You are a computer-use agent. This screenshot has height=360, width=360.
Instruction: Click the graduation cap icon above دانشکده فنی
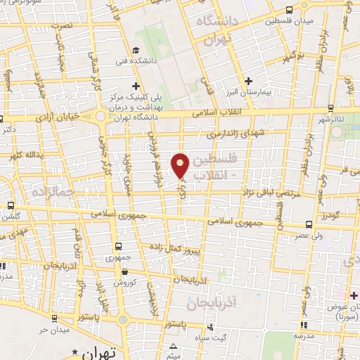click(x=135, y=49)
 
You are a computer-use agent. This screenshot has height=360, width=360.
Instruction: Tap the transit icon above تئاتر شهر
click(x=330, y=109)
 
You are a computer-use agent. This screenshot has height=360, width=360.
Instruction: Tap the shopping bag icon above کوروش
click(x=124, y=273)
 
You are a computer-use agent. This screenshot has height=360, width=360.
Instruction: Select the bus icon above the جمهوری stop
click(x=117, y=246)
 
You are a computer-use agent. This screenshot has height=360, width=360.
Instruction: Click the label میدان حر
click(x=53, y=330)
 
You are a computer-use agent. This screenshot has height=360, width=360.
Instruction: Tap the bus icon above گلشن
click(x=8, y=206)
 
